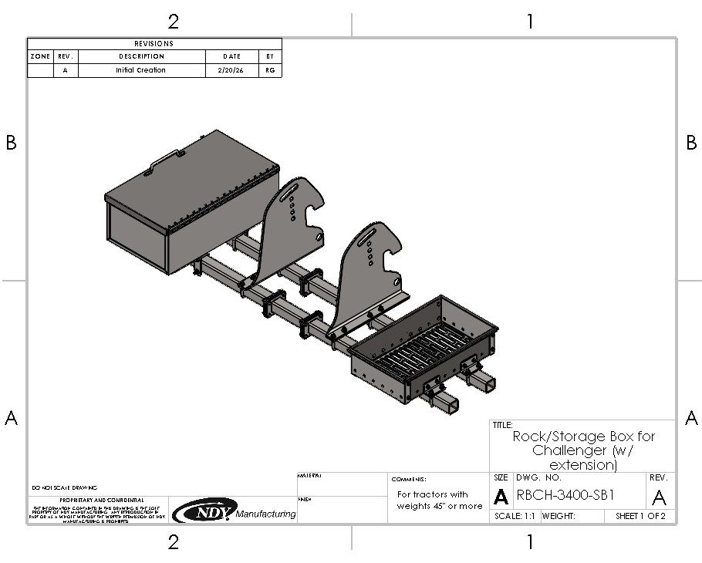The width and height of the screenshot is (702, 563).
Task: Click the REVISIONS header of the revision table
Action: pyautogui.click(x=154, y=44)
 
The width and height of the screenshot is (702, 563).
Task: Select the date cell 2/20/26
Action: pyautogui.click(x=231, y=70)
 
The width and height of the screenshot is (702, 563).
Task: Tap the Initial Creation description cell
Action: pyautogui.click(x=141, y=70)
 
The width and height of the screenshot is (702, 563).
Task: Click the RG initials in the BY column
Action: pyautogui.click(x=270, y=70)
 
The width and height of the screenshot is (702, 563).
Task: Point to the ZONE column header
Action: pyautogui.click(x=40, y=56)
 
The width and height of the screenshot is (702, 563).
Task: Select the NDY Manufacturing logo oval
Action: pyautogui.click(x=202, y=511)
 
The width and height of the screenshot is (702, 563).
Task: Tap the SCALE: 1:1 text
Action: pyautogui.click(x=515, y=516)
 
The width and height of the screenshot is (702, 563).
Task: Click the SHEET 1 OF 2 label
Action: pyautogui.click(x=640, y=516)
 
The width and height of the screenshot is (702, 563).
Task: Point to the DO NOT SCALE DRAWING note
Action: pyautogui.click(x=65, y=488)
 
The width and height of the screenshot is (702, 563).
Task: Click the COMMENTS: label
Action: pyautogui.click(x=409, y=479)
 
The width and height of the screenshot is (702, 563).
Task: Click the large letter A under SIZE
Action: pyautogui.click(x=501, y=497)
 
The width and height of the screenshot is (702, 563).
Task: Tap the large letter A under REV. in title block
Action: pyautogui.click(x=660, y=497)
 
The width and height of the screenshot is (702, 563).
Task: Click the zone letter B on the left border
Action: pyautogui.click(x=11, y=143)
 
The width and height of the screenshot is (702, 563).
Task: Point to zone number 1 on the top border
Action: pyautogui.click(x=529, y=21)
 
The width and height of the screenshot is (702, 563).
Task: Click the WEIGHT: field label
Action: pyautogui.click(x=559, y=516)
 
